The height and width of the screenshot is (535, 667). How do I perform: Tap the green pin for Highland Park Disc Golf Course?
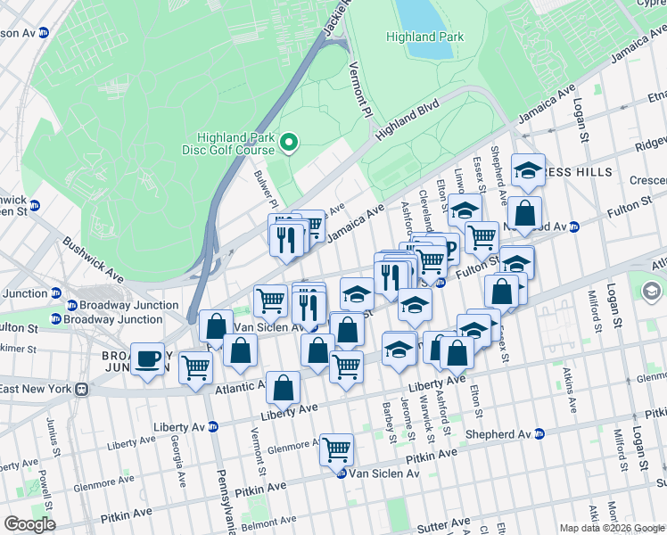(x=288, y=142)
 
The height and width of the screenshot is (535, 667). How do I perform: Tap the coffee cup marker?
(x=148, y=359)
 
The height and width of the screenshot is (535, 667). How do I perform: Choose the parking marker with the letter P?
(x=448, y=249)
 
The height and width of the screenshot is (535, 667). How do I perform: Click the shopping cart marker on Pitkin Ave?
(x=336, y=449)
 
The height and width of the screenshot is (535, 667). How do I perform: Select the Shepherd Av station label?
(x=501, y=434)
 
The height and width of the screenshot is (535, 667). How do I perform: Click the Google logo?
(x=29, y=524)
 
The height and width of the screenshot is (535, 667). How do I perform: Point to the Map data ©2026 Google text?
(x=612, y=528)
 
